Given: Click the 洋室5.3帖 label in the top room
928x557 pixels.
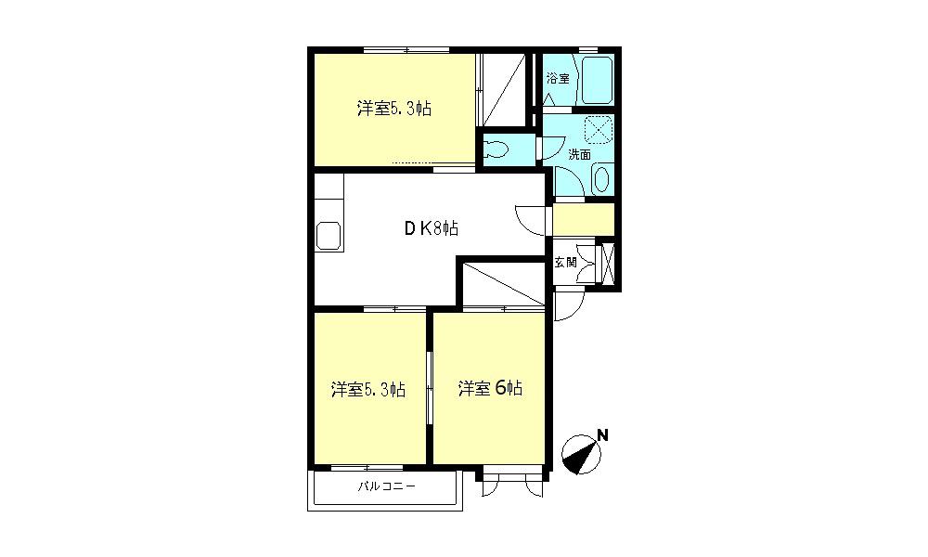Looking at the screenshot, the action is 393,109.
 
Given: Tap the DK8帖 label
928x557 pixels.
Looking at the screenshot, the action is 431,228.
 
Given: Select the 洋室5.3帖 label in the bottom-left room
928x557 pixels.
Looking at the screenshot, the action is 367,390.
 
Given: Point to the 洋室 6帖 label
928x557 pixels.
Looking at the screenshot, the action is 490,388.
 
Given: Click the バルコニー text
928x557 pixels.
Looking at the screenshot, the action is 386,486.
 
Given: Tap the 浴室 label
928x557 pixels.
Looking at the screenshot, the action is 558,78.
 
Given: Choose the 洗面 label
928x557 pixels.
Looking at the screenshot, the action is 579,154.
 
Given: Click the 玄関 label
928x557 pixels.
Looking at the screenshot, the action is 565,262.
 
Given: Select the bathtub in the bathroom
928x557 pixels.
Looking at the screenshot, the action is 597,80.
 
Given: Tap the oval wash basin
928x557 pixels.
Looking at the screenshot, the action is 600,179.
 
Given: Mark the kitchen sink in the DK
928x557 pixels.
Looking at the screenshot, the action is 329,235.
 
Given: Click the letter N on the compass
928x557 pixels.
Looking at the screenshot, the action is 602,435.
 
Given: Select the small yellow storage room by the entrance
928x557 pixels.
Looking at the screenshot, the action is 584,219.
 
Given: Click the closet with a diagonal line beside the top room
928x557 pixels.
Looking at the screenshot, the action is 504,89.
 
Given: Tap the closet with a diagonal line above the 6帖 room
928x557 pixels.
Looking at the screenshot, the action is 504,283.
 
